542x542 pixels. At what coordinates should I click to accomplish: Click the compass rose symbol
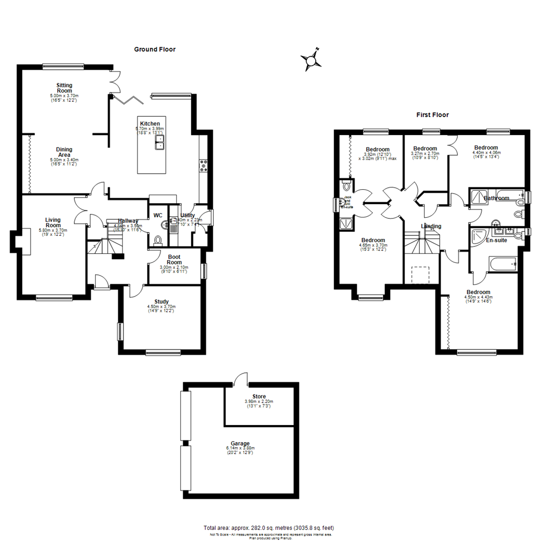tap(311, 61)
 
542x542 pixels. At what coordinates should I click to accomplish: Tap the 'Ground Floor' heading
tap(155, 49)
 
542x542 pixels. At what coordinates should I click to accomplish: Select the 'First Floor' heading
tap(432, 115)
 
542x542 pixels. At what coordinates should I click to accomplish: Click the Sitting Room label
tap(64, 88)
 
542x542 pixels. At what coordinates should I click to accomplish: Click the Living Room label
tap(53, 222)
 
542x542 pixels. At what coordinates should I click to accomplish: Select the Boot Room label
tap(174, 259)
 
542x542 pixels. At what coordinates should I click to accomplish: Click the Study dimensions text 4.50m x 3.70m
tap(161, 307)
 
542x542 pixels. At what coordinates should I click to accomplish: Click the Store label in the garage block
tap(259, 396)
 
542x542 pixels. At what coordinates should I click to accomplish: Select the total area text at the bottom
tap(268, 528)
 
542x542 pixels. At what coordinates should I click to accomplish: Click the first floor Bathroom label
tap(496, 198)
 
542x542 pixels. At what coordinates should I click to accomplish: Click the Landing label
tap(431, 226)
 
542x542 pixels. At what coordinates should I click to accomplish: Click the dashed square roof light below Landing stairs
tap(421, 275)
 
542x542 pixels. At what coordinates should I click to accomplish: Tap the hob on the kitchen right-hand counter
tap(204, 166)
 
